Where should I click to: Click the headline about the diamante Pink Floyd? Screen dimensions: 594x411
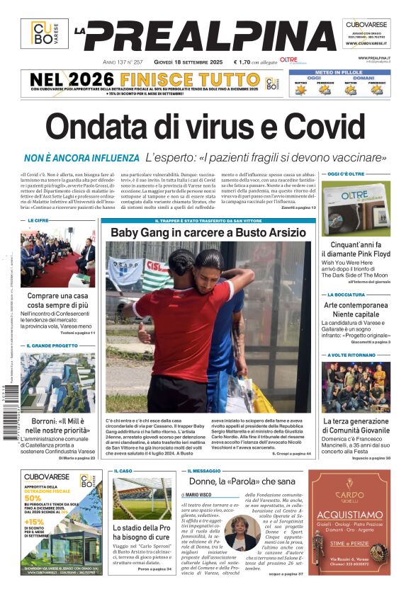pos(355,249)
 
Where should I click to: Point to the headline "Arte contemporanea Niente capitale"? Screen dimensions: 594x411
pos(356,309)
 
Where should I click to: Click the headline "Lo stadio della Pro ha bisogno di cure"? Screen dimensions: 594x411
pos(142,532)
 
